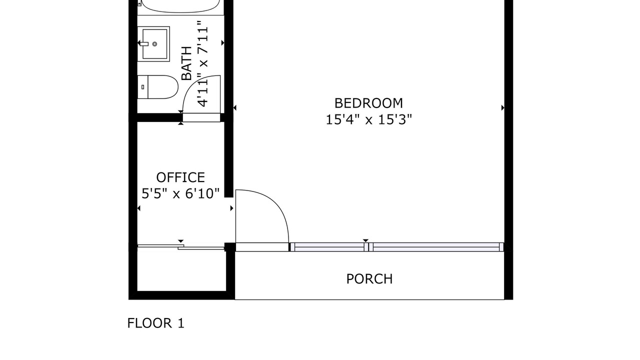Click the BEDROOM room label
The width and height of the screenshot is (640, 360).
[368, 103]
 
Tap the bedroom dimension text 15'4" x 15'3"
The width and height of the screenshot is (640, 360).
[368, 119]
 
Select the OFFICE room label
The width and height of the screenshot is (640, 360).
[180, 177]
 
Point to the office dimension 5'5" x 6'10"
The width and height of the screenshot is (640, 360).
[180, 193]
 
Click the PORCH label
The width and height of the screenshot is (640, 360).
[369, 279]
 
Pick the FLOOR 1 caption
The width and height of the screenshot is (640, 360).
[155, 323]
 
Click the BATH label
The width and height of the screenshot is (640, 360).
[186, 63]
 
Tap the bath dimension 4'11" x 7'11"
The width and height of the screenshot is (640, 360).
[202, 63]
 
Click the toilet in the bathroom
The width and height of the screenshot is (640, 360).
[157, 87]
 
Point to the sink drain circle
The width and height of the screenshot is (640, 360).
[155, 44]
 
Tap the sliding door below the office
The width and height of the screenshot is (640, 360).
[181, 247]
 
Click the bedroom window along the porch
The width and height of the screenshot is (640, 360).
[397, 247]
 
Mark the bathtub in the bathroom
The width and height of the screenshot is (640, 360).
[180, 6]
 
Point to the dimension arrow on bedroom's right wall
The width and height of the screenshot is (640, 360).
[502, 107]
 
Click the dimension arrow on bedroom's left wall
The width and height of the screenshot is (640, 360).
[235, 107]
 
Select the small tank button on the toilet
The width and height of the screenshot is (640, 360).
[143, 87]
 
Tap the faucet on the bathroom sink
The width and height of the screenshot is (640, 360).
[144, 43]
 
